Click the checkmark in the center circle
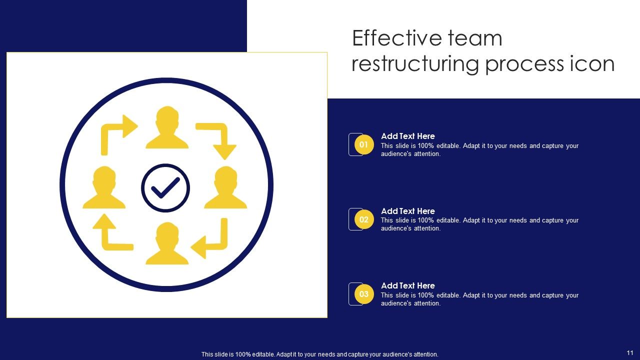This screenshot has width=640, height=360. tap(165, 188)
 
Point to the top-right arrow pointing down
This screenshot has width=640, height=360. tap(218, 139)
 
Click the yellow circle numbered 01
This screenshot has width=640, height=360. tap(364, 145)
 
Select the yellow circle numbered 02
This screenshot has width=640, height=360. tap(364, 219)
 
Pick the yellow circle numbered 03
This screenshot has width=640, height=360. tap(364, 294)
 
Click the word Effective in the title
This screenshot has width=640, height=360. tap(391, 38)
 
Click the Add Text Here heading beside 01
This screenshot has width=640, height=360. tap(408, 136)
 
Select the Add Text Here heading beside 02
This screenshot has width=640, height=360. tap(408, 211)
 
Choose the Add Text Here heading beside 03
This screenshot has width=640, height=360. tap(408, 285)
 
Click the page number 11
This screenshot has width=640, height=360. tap(630, 353)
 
